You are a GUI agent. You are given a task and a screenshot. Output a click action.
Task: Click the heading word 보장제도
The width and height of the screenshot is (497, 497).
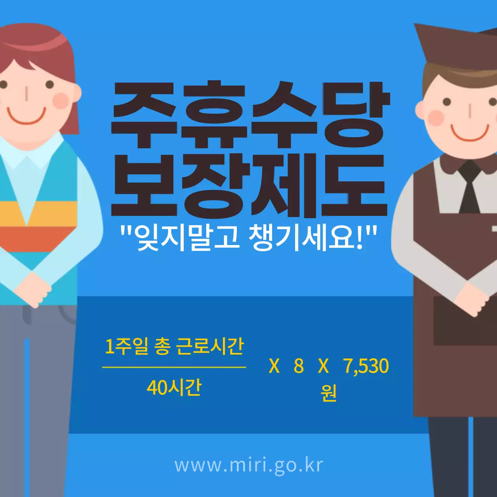tap(249, 186)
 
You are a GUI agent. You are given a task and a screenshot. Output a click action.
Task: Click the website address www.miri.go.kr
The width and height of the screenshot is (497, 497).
tap(248, 465)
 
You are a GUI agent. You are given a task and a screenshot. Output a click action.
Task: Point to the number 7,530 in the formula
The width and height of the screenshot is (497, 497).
tap(366, 366)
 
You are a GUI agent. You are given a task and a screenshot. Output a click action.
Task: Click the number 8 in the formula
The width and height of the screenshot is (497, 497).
tap(299, 366)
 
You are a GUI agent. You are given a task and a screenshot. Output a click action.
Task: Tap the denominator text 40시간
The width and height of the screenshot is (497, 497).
tap(174, 387)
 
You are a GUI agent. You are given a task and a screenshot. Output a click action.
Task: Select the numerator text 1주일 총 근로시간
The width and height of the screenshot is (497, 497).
tap(174, 346)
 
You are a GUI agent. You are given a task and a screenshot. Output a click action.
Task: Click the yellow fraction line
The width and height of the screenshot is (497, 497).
tap(174, 367)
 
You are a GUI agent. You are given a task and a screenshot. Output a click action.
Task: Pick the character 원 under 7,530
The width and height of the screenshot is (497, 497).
tap(328, 393)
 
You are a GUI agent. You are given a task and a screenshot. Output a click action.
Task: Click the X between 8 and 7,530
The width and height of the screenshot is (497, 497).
tap(323, 366)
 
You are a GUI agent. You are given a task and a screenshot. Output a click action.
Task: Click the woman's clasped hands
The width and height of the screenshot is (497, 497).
tap(33, 289)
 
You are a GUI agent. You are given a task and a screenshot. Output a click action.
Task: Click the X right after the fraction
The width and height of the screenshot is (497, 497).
tap(274, 366)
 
